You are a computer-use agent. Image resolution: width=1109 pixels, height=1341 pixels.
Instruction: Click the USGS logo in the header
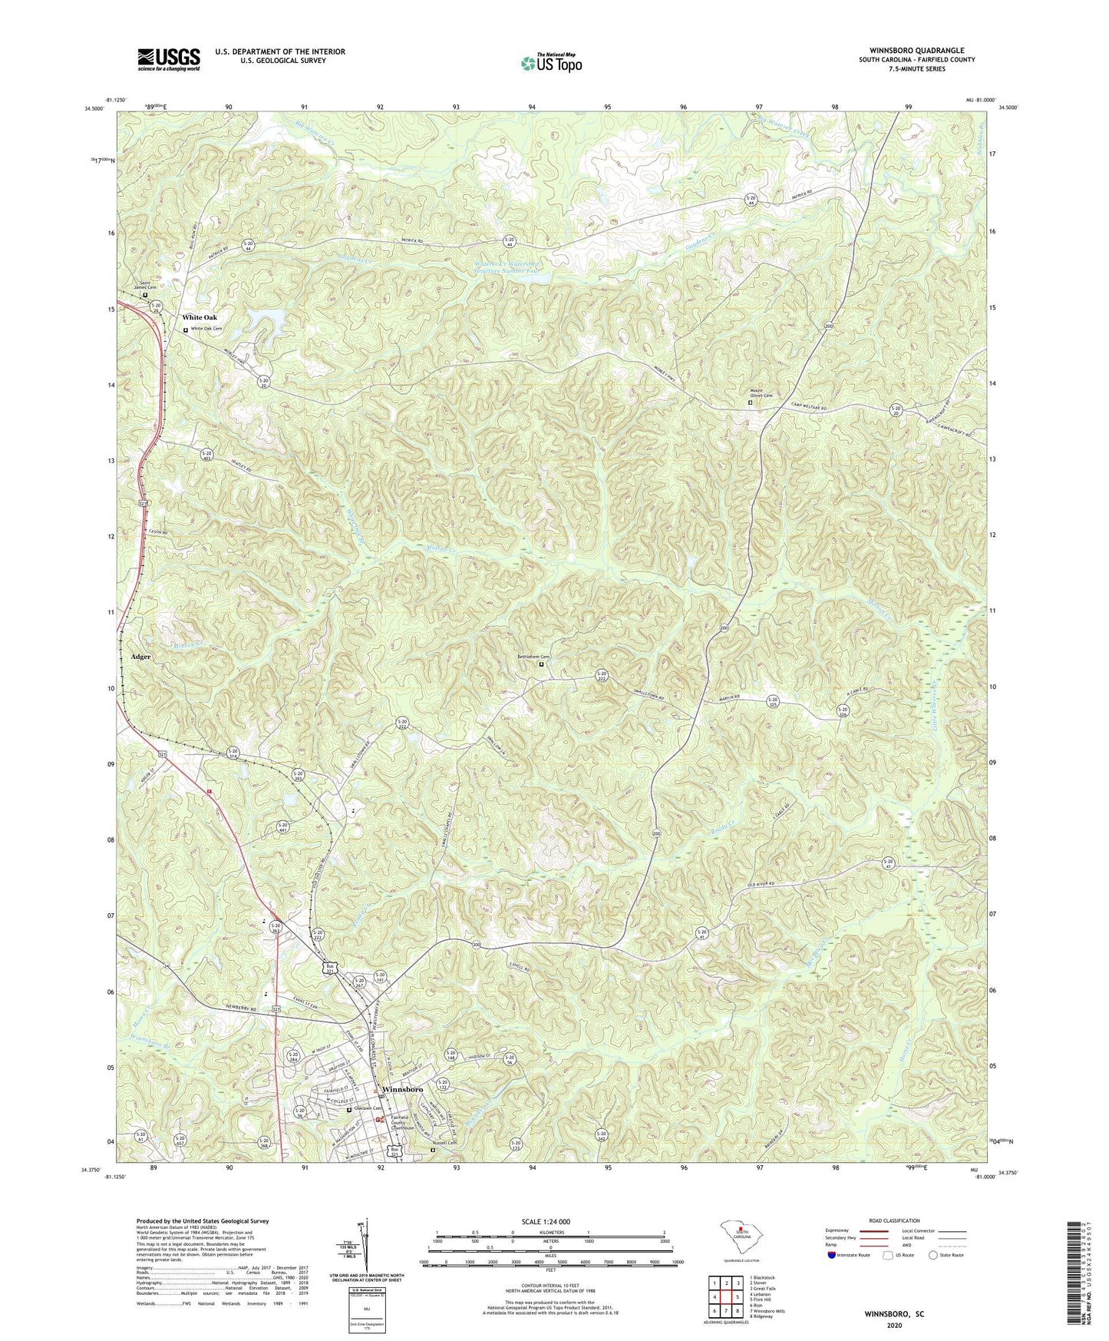click(x=169, y=58)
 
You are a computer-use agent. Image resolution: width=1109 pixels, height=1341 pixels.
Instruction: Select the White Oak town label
click(x=200, y=317)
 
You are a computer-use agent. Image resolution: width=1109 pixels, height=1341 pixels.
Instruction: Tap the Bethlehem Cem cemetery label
click(x=534, y=657)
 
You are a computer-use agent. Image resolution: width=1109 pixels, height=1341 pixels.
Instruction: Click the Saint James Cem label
click(x=145, y=286)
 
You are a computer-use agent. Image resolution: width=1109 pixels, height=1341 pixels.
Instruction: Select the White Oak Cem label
click(x=206, y=329)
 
